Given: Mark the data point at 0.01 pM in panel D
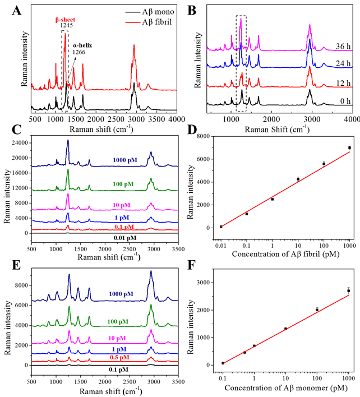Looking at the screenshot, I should [x=221, y=226].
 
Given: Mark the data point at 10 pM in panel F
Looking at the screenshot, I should [x=286, y=328].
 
